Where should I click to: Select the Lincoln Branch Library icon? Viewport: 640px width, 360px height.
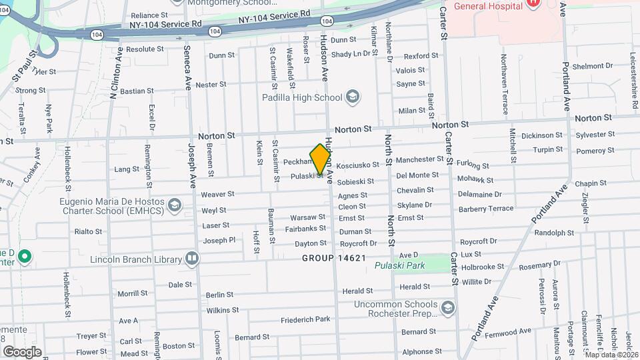coord(192,258)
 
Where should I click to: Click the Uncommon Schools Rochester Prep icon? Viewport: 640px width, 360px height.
coord(447,307)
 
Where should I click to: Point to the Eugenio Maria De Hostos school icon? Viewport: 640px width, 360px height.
coord(175,204)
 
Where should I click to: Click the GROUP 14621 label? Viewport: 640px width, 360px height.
coord(333,258)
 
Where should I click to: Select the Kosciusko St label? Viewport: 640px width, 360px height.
coord(357,165)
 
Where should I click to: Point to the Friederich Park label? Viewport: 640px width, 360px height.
coord(305,319)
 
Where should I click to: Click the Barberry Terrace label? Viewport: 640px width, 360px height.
coord(486,209)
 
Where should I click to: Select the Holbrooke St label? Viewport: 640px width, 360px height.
coord(482,267)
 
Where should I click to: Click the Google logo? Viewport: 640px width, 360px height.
coord(21,352)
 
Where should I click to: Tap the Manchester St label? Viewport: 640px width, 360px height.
coord(419,160)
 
